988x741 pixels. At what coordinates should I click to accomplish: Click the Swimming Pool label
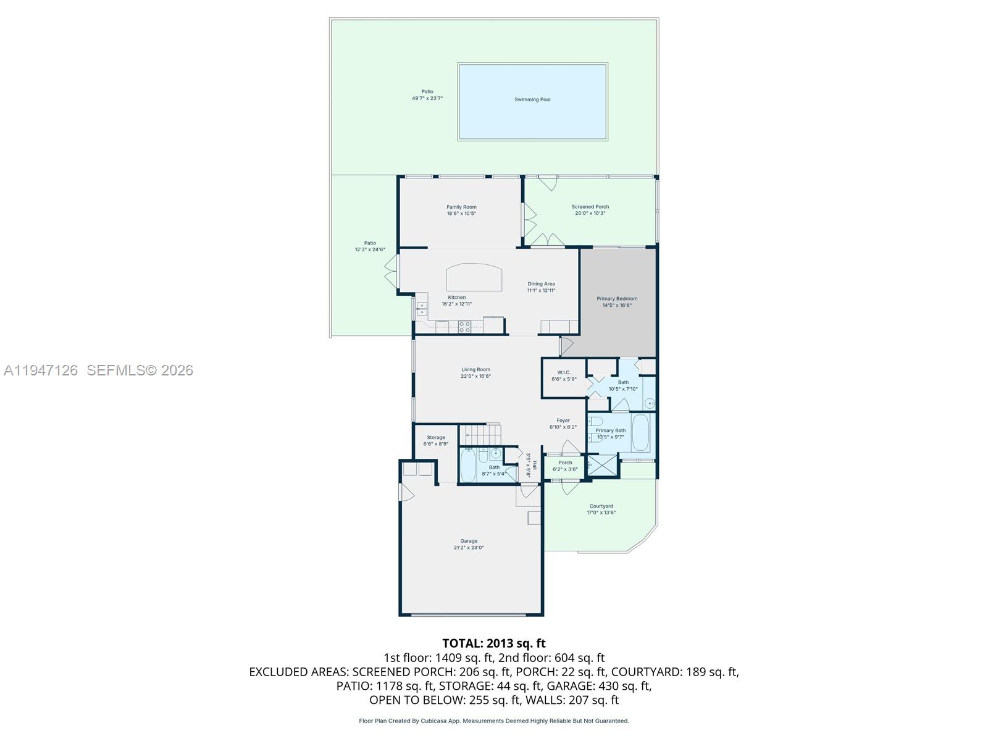click(x=532, y=99)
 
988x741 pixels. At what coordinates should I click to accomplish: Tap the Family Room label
click(x=461, y=207)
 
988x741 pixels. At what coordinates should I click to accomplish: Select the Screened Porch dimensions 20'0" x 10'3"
click(x=590, y=213)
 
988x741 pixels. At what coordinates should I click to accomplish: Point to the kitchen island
click(x=474, y=277)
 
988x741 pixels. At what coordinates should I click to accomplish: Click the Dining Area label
click(x=541, y=284)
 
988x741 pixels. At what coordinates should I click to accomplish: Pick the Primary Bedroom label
click(x=617, y=299)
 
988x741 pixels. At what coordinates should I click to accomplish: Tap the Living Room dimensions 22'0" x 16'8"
click(x=475, y=376)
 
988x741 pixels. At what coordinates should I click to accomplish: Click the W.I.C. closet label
click(x=564, y=372)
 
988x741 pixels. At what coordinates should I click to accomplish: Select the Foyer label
click(x=563, y=421)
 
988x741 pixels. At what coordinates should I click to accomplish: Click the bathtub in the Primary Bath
click(x=640, y=432)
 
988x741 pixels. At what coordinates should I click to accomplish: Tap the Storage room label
click(x=436, y=437)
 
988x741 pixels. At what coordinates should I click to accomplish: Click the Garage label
click(x=469, y=542)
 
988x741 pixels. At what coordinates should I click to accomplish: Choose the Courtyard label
click(x=601, y=506)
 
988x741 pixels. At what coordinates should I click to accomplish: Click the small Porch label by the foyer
click(x=565, y=463)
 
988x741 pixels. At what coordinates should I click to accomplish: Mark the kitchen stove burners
click(x=464, y=327)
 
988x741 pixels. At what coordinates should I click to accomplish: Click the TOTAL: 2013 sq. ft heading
click(x=494, y=643)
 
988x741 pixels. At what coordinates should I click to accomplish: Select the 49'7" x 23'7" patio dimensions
click(x=427, y=98)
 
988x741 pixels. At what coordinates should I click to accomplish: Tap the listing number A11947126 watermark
click(x=41, y=371)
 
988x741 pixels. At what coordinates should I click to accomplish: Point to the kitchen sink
click(x=422, y=309)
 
